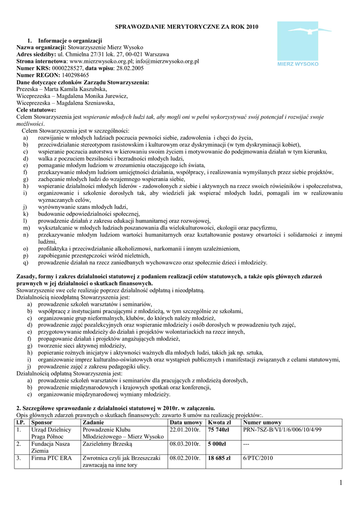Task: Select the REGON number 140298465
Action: tap(68, 75)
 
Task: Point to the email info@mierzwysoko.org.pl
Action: tap(164, 62)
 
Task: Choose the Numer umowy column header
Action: tap(262, 422)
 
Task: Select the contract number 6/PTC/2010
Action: tap(258, 458)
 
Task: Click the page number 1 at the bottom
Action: tap(341, 483)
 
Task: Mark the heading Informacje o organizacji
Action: tap(70, 40)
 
